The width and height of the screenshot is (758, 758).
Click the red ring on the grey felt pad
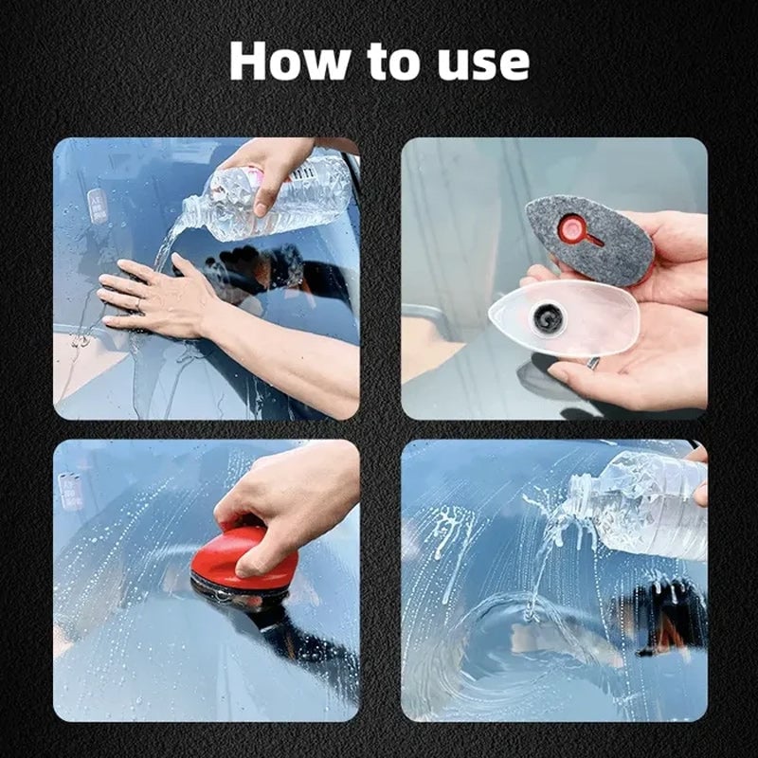tap(572, 228)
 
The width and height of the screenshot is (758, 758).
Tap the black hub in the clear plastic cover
tap(548, 319)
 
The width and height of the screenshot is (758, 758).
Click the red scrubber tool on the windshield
tap(244, 559)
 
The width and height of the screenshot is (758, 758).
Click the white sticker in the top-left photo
tap(98, 206)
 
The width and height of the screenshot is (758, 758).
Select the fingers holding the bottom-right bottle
tap(699, 474)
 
